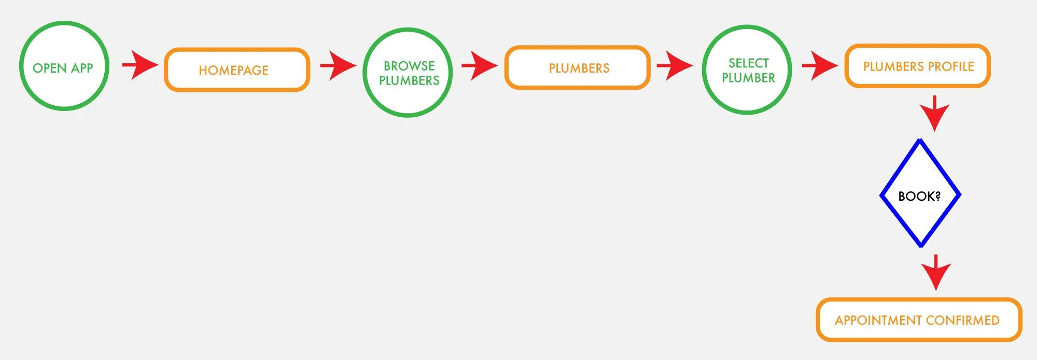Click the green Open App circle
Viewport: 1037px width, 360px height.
point(64,66)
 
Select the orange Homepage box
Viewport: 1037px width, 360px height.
point(237,70)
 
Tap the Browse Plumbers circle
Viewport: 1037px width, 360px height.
point(408,73)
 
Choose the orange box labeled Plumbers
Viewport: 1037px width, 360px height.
point(577,68)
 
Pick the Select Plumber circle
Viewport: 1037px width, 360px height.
point(747,70)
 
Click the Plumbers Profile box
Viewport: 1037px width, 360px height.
point(917,66)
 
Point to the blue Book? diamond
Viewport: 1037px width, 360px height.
point(920,194)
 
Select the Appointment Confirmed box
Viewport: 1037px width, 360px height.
point(918,320)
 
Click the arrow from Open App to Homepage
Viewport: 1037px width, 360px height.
point(139,65)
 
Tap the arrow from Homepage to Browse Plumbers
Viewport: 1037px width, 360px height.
point(338,66)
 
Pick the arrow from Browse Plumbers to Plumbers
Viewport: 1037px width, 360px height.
point(479,65)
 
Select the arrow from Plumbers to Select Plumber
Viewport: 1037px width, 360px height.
point(674,66)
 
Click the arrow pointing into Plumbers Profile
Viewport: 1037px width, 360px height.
point(819,66)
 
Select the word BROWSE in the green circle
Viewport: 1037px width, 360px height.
point(409,66)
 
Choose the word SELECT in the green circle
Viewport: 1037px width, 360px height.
point(748,63)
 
